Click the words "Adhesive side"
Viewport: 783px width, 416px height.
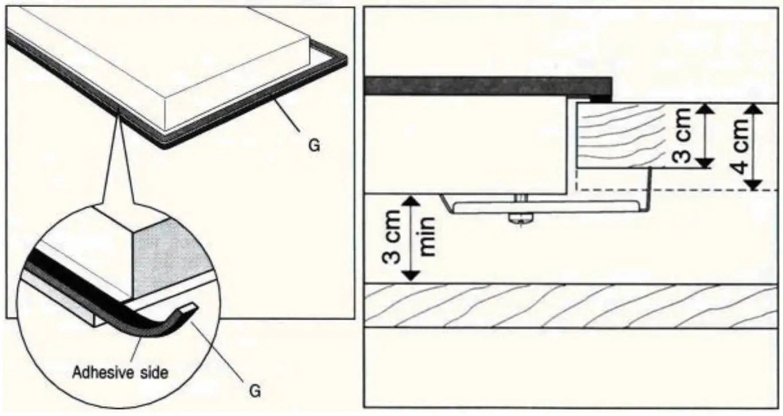pos(120,372)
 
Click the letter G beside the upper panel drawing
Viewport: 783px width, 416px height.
pos(314,146)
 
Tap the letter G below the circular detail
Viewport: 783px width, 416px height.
pos(255,392)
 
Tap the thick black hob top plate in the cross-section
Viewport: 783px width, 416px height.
pos(488,86)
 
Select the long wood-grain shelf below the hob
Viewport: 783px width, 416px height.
pos(574,305)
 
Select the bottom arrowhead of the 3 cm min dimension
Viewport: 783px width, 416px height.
pos(410,276)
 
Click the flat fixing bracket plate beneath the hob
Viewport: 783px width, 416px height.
pos(545,207)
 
